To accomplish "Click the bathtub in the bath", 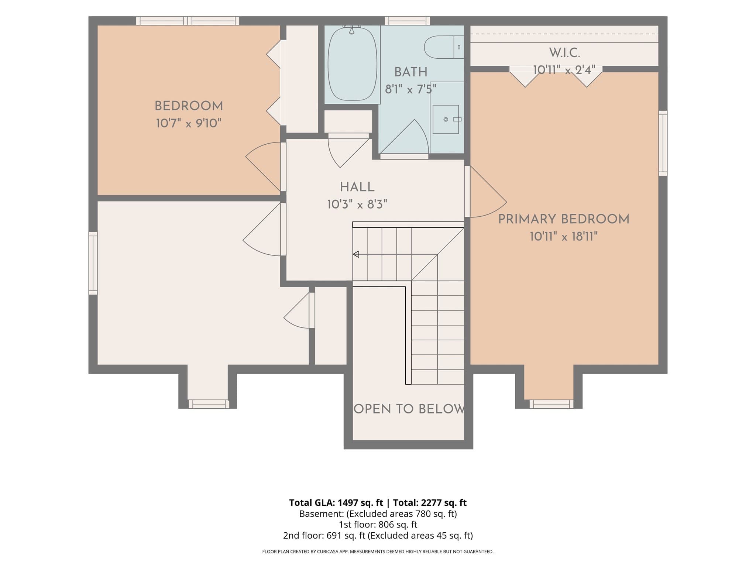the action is pyautogui.click(x=352, y=63).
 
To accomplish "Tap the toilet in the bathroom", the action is pyautogui.click(x=444, y=47).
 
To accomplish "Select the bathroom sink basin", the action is pyautogui.click(x=446, y=119).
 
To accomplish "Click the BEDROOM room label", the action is pyautogui.click(x=189, y=106).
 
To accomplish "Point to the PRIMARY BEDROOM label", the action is pyautogui.click(x=564, y=219).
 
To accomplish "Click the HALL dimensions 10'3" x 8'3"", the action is pyautogui.click(x=357, y=205).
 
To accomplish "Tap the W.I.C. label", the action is pyautogui.click(x=564, y=53).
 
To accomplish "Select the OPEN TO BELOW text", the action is pyautogui.click(x=409, y=409).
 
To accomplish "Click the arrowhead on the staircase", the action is pyautogui.click(x=356, y=254).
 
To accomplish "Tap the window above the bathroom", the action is pyautogui.click(x=407, y=21).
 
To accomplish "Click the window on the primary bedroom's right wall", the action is pyautogui.click(x=663, y=143).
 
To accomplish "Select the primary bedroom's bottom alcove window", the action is pyautogui.click(x=551, y=404).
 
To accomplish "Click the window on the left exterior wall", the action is pyautogui.click(x=93, y=263).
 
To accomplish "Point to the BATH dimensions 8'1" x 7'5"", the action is pyautogui.click(x=410, y=89).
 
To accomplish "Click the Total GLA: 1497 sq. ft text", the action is pyautogui.click(x=336, y=503).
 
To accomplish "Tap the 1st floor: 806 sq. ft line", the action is pyautogui.click(x=378, y=525).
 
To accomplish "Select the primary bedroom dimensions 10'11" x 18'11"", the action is pyautogui.click(x=564, y=236).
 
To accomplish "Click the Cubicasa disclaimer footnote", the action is pyautogui.click(x=378, y=552).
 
